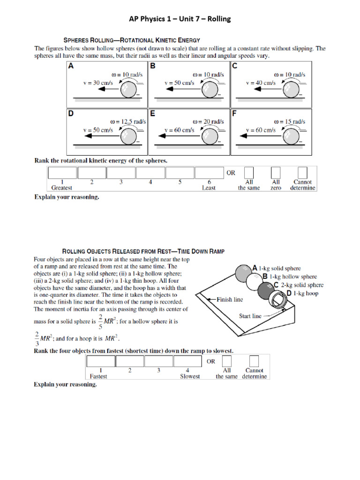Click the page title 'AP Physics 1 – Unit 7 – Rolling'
[180, 19]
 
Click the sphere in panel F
[290, 136]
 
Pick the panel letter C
[234, 66]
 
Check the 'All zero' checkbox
[276, 172]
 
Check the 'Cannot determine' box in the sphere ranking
[303, 172]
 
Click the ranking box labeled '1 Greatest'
[62, 172]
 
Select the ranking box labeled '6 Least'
[209, 172]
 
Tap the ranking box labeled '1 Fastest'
[100, 361]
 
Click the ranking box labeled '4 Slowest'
[187, 361]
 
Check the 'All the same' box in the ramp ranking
[227, 361]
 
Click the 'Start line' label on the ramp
[250, 316]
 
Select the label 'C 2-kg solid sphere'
[299, 285]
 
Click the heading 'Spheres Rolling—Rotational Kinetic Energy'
[132, 40]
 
